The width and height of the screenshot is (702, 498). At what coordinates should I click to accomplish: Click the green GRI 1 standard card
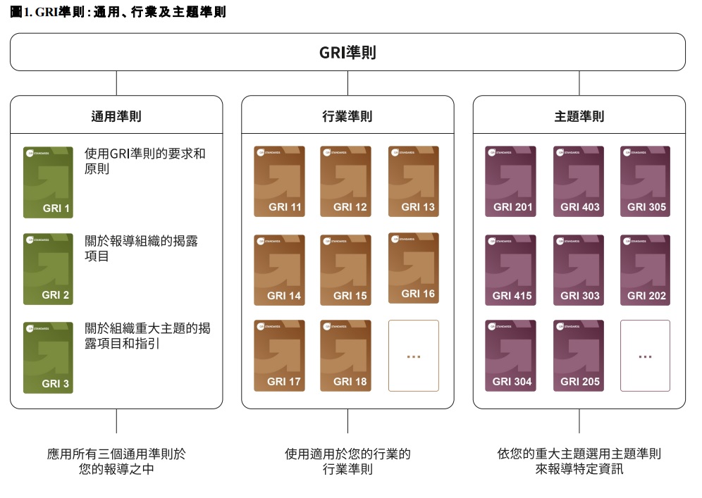[48, 181]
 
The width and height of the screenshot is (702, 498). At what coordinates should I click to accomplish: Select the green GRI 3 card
[48, 357]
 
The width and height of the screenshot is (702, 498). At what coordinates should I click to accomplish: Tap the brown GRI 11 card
[279, 181]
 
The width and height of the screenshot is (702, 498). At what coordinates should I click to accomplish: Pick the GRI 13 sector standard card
[413, 181]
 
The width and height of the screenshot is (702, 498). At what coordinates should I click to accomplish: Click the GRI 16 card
[413, 268]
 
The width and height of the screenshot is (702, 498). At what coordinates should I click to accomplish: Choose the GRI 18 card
[345, 356]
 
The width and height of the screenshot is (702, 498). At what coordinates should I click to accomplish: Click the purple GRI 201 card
[510, 181]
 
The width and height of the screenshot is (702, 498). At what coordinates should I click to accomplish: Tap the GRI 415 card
[510, 270]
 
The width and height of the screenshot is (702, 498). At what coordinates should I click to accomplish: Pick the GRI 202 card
[645, 270]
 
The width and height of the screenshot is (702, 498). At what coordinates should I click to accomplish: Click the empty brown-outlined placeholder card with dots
[413, 356]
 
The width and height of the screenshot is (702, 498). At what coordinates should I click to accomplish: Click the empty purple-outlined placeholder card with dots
[645, 356]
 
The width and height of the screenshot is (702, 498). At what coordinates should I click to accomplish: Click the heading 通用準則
[116, 116]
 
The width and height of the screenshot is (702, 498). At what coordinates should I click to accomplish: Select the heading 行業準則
[347, 116]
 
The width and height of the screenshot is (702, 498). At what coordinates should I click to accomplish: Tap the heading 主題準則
[579, 116]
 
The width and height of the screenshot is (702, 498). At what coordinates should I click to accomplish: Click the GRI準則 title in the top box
[347, 53]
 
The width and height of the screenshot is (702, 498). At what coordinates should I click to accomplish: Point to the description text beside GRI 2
[141, 248]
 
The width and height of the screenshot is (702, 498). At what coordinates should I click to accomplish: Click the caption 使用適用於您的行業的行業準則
[347, 461]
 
